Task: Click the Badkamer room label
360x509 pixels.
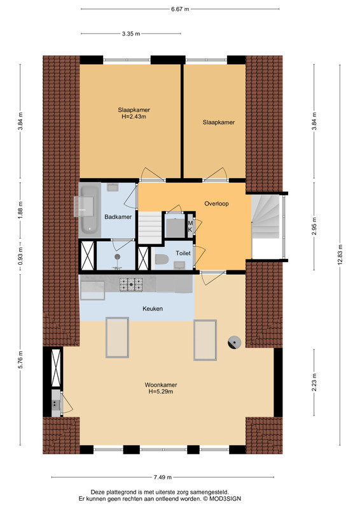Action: [118, 217]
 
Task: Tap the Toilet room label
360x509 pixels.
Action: [183, 253]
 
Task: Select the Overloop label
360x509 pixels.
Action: [216, 204]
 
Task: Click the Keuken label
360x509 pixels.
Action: [153, 309]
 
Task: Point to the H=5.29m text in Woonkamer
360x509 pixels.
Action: [161, 391]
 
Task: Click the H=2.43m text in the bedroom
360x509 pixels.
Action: [134, 116]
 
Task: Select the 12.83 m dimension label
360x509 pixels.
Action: [340, 254]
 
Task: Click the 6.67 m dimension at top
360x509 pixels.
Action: [180, 9]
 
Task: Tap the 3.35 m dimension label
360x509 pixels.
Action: [131, 34]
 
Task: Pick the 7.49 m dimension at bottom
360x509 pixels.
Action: [162, 477]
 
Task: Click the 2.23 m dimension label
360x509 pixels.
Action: [314, 382]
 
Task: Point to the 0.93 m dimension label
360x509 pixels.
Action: [20, 256]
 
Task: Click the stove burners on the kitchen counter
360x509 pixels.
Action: [131, 284]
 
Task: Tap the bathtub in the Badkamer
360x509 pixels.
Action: [90, 210]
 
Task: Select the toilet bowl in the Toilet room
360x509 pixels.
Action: [162, 260]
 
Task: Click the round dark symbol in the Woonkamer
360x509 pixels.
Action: [234, 342]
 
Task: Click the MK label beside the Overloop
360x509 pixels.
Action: [190, 227]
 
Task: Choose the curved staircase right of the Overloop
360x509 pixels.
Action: [265, 216]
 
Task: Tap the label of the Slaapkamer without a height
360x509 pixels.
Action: [219, 122]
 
